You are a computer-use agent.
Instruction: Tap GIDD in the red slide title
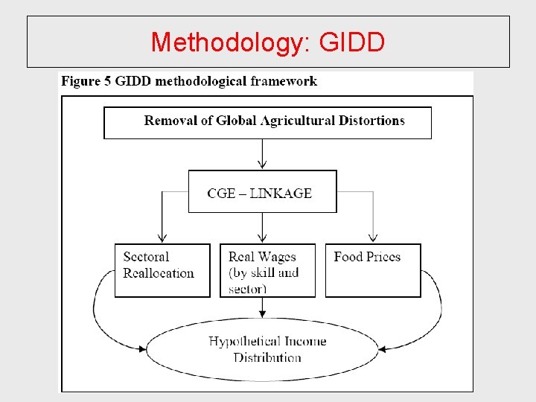[351, 42]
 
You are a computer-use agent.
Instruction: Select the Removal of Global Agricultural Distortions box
[267, 123]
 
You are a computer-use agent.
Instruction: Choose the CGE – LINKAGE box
[262, 191]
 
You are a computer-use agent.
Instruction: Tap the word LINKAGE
[281, 194]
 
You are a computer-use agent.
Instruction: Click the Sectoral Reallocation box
[162, 270]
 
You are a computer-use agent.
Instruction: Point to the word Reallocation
[159, 273]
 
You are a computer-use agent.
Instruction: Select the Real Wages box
[267, 270]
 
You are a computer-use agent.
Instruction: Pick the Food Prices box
[373, 270]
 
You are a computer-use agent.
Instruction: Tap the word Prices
[383, 257]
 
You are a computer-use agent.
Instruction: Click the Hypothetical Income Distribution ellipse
[264, 349]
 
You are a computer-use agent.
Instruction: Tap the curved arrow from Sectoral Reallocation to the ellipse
[97, 313]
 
